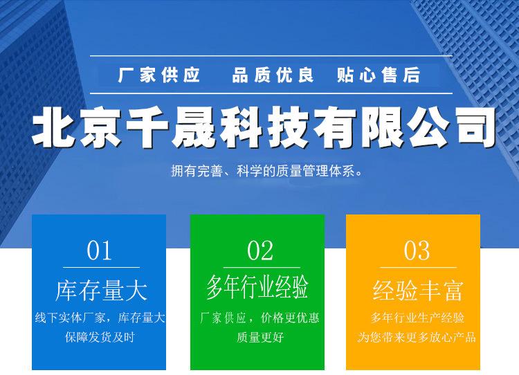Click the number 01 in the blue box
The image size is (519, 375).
click(x=99, y=250)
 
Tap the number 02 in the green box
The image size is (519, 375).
click(x=260, y=250)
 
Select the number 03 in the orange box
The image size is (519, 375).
click(x=417, y=250)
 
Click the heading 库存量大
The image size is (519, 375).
click(x=101, y=291)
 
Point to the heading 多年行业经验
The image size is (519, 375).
click(x=257, y=286)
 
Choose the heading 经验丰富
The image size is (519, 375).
click(x=417, y=291)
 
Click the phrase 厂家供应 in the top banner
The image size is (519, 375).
click(x=159, y=75)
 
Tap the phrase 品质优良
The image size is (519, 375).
click(x=273, y=75)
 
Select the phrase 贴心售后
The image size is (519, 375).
click(x=379, y=75)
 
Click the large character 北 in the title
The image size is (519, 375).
click(x=54, y=127)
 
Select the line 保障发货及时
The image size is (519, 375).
click(x=100, y=337)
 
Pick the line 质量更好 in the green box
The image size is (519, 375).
click(x=260, y=337)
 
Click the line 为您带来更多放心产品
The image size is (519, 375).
click(x=417, y=337)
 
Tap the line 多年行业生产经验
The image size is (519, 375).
click(x=417, y=318)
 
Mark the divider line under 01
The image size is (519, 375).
click(x=101, y=267)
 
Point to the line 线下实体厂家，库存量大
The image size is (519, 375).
click(x=100, y=318)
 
